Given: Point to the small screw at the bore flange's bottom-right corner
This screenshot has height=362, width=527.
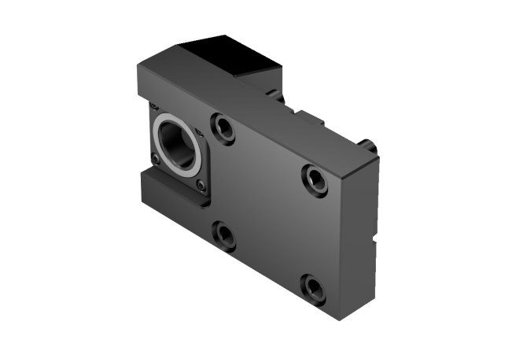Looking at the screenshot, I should [x=201, y=185].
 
